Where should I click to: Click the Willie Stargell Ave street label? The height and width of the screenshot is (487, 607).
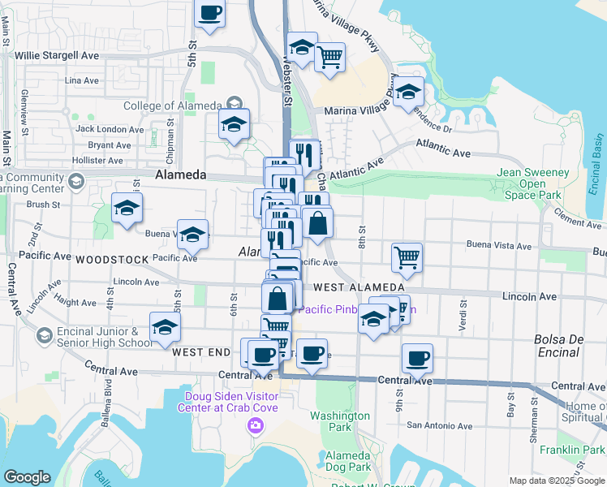tap(56, 55)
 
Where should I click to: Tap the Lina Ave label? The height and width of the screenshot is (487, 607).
tap(81, 80)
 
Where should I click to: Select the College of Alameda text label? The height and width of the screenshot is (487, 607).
tap(172, 106)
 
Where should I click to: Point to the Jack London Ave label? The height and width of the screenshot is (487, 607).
tap(104, 129)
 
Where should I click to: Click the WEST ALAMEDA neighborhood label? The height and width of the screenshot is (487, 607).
tap(359, 287)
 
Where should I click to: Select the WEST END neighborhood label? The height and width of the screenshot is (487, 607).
tap(201, 352)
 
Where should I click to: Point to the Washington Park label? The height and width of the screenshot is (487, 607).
tap(340, 421)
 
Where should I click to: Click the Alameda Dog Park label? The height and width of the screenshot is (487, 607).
tap(347, 461)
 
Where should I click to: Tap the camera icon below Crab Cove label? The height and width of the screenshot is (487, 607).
tap(255, 425)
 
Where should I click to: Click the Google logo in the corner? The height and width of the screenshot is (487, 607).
tap(27, 477)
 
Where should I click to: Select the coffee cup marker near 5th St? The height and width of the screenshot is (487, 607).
tap(210, 14)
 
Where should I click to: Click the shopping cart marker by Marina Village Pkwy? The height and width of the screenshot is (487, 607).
tap(329, 58)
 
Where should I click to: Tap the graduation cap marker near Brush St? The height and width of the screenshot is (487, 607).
tap(127, 209)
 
